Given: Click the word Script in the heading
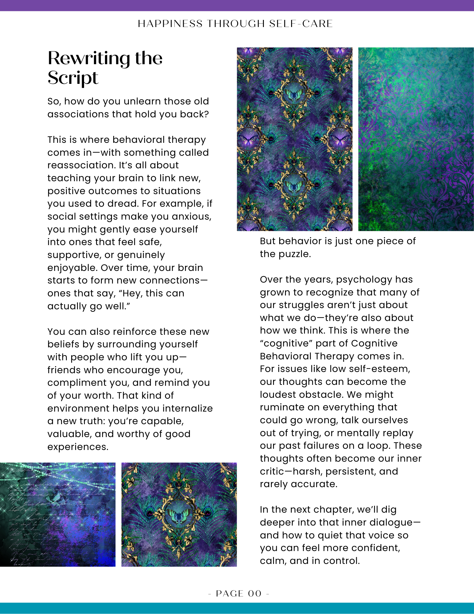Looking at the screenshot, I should point(73,78).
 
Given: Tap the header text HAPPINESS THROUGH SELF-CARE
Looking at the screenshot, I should point(235,24).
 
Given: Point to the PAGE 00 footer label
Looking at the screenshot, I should point(239,593).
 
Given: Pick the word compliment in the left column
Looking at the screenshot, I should point(77,383).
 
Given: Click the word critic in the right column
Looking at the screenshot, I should point(272,471).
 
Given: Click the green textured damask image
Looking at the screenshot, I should point(416,139).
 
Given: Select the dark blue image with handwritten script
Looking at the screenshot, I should point(58,514).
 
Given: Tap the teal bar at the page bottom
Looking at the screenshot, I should point(237,608).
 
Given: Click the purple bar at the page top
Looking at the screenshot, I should point(237,5).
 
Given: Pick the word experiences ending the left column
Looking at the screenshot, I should point(78,447).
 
